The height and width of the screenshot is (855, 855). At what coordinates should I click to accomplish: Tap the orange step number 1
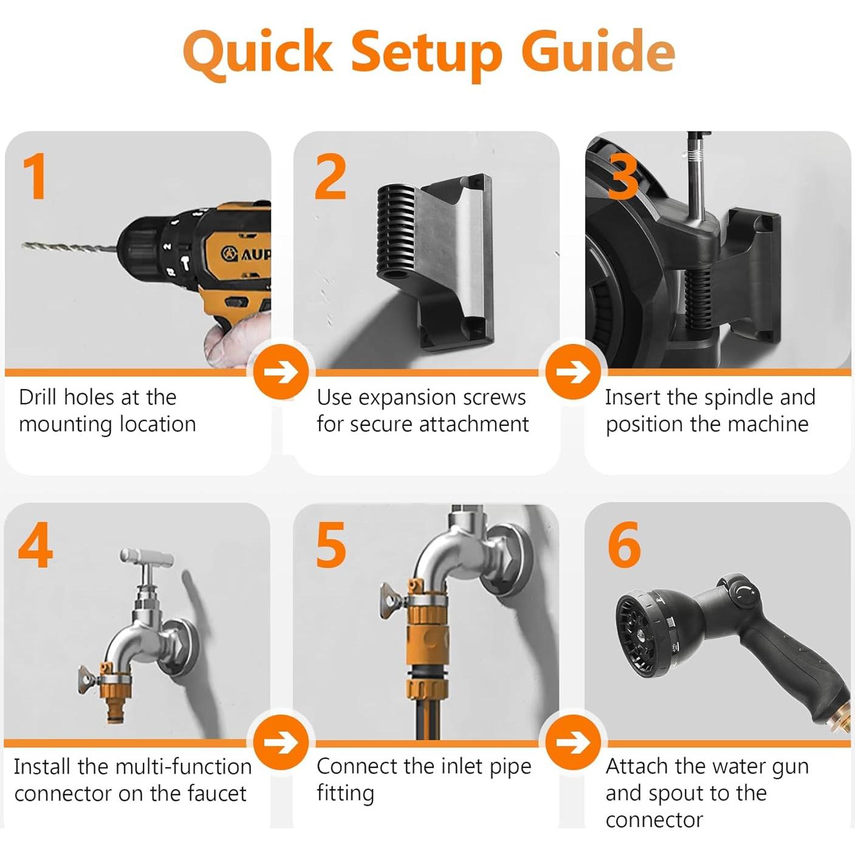(35, 176)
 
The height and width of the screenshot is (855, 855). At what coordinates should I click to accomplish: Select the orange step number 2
(331, 177)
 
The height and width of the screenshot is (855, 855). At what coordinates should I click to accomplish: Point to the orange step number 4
(35, 544)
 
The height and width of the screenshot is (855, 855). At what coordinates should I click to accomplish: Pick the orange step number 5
(331, 544)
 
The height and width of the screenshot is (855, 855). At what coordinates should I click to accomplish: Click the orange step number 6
(624, 544)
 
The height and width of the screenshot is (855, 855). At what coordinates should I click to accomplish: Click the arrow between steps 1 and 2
(281, 372)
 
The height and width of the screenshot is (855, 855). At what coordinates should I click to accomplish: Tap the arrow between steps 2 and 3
(573, 372)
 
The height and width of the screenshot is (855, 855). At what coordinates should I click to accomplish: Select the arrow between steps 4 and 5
(281, 742)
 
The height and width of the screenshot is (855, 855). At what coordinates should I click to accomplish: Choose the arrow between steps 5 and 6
(573, 742)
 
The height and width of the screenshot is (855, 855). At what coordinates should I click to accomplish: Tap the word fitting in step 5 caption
(345, 795)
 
